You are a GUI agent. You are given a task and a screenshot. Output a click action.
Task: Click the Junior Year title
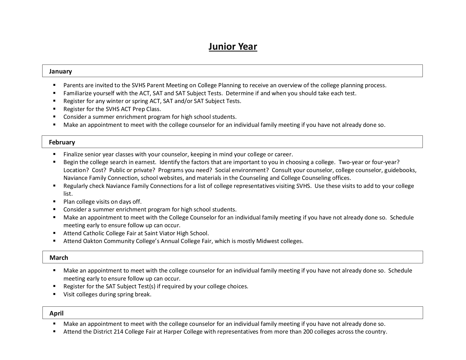pyautogui.click(x=233, y=47)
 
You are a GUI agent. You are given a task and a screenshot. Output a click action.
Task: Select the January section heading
pyautogui.click(x=60, y=71)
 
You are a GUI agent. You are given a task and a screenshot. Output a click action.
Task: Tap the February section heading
pyautogui.click(x=62, y=142)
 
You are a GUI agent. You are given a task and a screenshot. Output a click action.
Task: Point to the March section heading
pyautogui.click(x=59, y=258)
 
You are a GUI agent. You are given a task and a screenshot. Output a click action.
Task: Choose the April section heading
pyautogui.click(x=56, y=313)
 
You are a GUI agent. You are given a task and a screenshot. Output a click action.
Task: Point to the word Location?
pyautogui.click(x=76, y=170)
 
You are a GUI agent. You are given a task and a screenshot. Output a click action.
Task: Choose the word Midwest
pyautogui.click(x=267, y=241)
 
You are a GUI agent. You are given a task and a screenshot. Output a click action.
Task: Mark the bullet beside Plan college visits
pyautogui.click(x=54, y=201)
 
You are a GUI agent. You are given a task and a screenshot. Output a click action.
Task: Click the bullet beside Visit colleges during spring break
pyautogui.click(x=54, y=294)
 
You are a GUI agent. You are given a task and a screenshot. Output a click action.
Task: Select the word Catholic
pyautogui.click(x=94, y=233)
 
